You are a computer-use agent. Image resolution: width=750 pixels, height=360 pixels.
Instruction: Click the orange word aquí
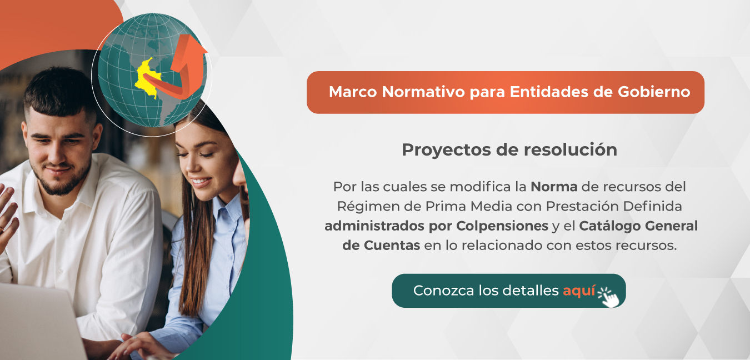pyautogui.click(x=579, y=291)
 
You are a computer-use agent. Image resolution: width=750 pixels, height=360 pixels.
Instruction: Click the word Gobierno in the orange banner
pyautogui.click(x=654, y=92)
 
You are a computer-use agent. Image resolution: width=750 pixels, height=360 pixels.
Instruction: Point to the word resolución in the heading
pyautogui.click(x=570, y=149)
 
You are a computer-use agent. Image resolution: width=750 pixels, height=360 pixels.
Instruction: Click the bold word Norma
pyautogui.click(x=554, y=187)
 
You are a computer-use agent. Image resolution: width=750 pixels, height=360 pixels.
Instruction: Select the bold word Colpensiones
pyautogui.click(x=502, y=226)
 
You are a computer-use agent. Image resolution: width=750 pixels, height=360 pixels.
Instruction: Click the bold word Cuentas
pyautogui.click(x=392, y=246)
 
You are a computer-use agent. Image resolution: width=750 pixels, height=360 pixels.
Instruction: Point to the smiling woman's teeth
pyautogui.click(x=201, y=182)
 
